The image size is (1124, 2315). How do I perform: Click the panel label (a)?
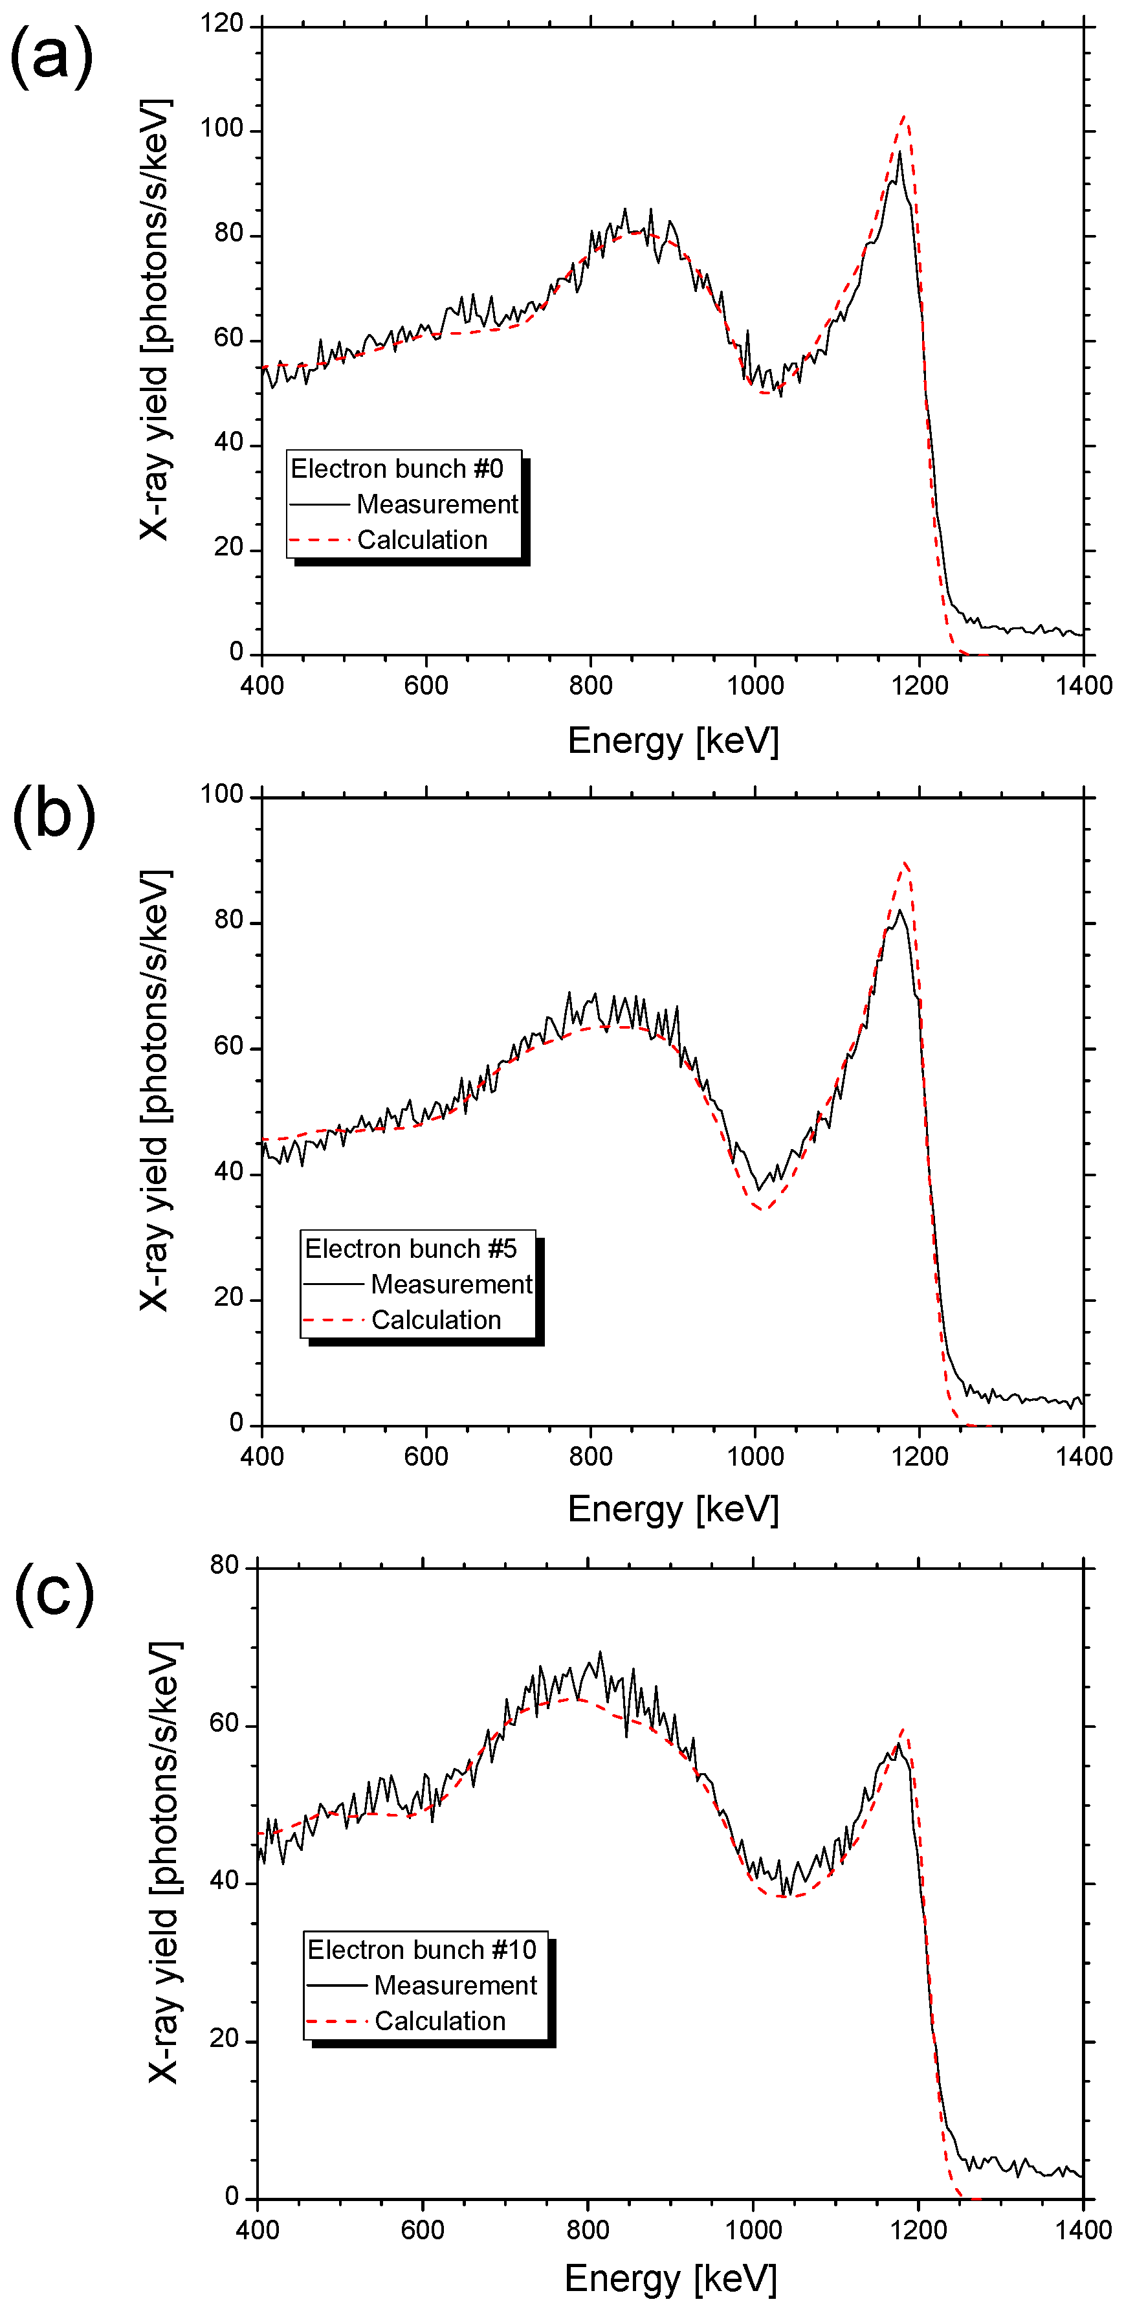point(51,56)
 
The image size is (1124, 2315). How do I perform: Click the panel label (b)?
point(54,814)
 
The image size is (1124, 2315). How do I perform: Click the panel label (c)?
point(54,1593)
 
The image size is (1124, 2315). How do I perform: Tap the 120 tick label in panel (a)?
point(222,23)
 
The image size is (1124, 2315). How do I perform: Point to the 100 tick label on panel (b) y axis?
point(222,794)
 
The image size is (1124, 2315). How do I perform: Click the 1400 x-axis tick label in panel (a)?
point(1084,686)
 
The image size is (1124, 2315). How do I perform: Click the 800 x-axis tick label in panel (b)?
point(590,1457)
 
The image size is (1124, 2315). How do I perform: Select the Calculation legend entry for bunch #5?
point(435,1319)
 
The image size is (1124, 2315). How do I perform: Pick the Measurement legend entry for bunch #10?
point(455,1985)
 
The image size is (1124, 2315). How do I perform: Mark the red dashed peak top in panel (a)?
point(905,117)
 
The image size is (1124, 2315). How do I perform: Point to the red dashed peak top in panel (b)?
point(906,863)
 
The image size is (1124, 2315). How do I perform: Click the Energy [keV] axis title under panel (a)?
point(673,741)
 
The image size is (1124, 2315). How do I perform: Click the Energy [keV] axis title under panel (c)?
point(670,2279)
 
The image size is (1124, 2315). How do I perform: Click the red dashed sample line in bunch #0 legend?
point(319,540)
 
